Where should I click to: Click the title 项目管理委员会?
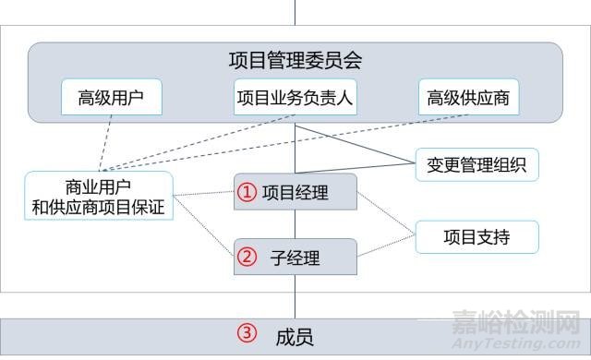295,61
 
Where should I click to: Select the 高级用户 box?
111,96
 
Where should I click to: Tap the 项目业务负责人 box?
295,96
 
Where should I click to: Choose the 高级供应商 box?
468,96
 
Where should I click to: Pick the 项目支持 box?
476,237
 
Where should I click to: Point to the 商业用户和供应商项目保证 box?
98,195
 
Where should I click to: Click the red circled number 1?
246,193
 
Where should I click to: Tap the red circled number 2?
246,258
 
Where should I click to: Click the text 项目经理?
295,193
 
